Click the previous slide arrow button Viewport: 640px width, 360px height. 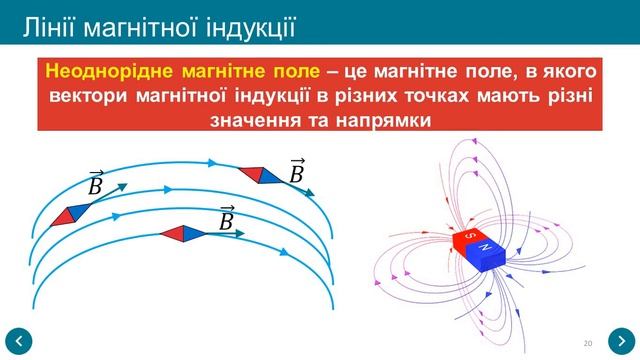19,340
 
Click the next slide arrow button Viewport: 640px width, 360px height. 620,340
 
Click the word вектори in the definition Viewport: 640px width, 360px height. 89,96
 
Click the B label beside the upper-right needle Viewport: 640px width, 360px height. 296,170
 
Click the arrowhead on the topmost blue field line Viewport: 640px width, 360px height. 212,160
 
